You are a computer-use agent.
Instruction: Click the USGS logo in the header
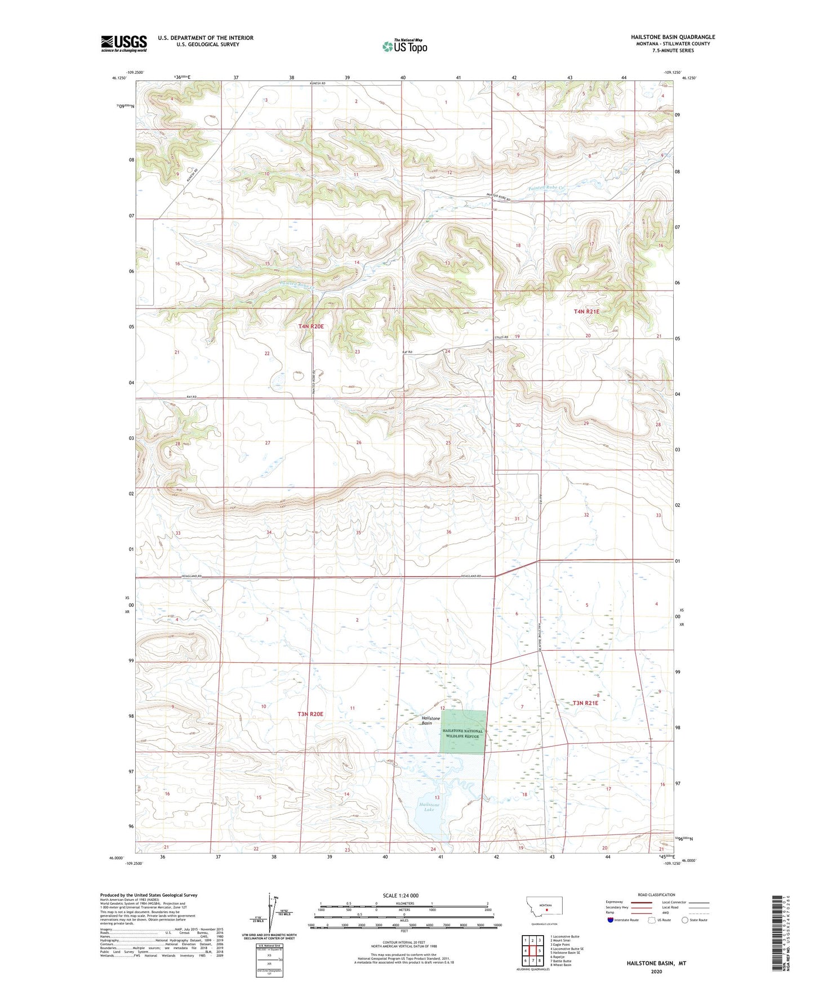click(x=124, y=43)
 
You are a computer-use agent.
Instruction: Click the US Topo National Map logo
click(x=404, y=46)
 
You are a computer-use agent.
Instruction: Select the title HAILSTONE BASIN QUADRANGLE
click(x=673, y=37)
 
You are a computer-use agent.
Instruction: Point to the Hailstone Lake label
click(x=429, y=807)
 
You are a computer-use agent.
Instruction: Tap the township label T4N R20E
click(x=311, y=327)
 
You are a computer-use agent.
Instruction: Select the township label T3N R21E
click(x=585, y=703)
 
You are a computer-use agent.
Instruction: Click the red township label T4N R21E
click(x=586, y=311)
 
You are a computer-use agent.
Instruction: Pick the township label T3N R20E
click(x=310, y=714)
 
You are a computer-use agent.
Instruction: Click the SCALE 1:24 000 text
click(x=401, y=895)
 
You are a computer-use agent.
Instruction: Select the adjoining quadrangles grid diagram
click(x=532, y=944)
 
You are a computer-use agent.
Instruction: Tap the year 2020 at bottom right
click(x=656, y=972)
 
